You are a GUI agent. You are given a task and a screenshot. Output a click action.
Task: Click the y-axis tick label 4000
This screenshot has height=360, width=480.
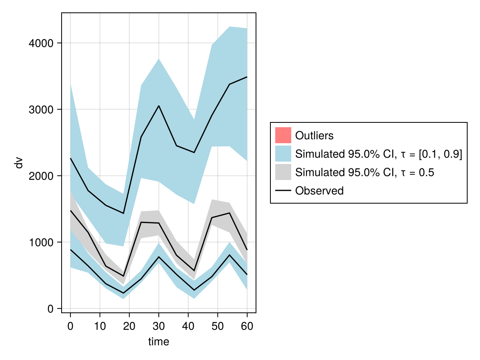(x=42, y=43)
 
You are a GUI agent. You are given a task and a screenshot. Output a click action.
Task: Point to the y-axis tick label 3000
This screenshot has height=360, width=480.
(x=42, y=110)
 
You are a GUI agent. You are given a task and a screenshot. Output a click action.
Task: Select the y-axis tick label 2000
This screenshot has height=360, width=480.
(x=42, y=176)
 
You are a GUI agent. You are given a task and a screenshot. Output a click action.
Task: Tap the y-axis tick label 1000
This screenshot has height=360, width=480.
(x=42, y=242)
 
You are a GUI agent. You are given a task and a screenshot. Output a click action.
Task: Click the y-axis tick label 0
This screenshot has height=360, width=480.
(x=50, y=309)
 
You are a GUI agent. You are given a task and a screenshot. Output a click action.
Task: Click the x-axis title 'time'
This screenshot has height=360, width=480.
(x=159, y=342)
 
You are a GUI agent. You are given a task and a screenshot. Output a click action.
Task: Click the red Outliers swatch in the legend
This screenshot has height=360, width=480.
(x=283, y=135)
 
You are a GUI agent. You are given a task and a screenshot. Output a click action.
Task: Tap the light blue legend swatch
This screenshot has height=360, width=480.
(x=283, y=154)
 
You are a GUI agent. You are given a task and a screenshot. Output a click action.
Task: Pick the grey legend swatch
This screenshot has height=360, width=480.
(x=283, y=172)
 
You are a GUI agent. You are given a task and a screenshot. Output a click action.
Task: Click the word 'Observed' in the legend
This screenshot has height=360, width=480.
(x=319, y=191)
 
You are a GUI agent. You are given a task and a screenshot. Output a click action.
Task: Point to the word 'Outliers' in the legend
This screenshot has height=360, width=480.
(x=314, y=136)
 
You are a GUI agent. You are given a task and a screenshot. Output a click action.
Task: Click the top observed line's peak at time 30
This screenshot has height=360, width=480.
(x=159, y=106)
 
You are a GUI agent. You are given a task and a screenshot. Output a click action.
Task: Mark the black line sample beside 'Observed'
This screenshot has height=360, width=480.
(x=283, y=191)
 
